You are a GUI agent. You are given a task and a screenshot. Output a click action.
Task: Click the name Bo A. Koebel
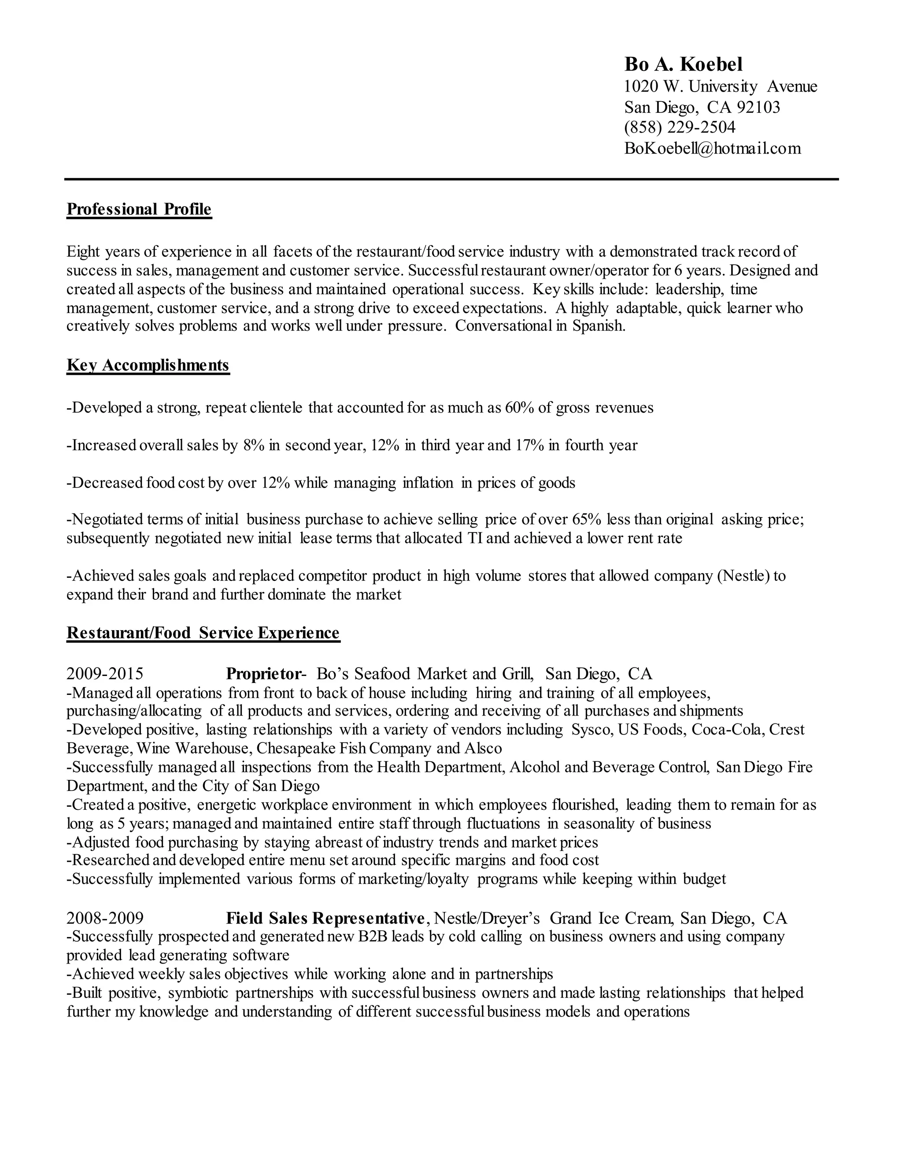[x=684, y=64]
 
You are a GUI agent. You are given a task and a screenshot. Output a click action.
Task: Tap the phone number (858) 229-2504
[x=680, y=127]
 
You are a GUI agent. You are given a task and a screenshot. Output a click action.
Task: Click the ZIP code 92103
[x=758, y=107]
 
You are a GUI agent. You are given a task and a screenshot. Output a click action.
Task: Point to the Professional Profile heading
[x=139, y=209]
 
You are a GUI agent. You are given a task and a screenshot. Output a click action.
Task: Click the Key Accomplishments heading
[x=148, y=365]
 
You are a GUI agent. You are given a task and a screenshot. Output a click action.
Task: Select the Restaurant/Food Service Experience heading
[x=203, y=633]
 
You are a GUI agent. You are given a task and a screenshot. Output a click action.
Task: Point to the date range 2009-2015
[x=105, y=673]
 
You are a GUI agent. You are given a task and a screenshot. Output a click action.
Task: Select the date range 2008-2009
[x=105, y=918]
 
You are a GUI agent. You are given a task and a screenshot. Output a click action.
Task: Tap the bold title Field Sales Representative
[x=325, y=918]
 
